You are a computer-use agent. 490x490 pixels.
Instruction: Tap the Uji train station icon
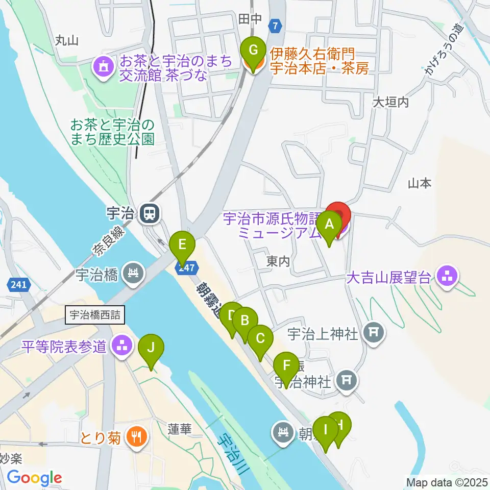pos(150,213)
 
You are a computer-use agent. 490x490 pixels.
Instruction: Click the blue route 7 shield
pos(276,26)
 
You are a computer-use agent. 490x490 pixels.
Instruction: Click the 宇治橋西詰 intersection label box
pos(94,315)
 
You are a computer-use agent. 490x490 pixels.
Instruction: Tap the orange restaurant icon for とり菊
pos(136,436)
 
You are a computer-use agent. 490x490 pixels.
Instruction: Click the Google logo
pos(34,478)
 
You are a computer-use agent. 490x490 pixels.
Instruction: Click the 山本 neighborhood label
pos(420,183)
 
